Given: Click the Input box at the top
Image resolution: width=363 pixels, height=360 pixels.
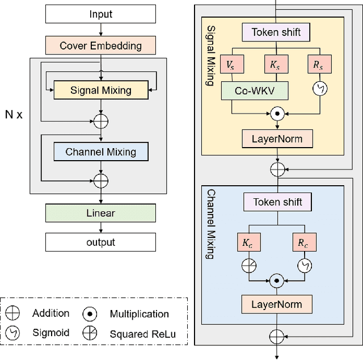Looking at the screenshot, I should tap(100, 14).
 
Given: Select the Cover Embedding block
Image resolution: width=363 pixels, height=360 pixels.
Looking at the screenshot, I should tap(100, 45).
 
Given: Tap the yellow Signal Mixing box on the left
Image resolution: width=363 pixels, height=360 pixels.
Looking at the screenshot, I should tap(100, 90).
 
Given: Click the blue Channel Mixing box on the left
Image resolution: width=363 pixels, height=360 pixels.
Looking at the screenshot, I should tap(100, 152).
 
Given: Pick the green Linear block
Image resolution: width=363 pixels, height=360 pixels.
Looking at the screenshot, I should tap(100, 213).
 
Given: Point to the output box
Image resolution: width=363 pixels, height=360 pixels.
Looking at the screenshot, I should tap(100, 242).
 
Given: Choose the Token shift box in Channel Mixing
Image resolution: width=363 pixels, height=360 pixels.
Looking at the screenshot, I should tap(277, 202).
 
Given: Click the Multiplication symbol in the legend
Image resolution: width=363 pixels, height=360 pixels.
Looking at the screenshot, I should tap(90, 313).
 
